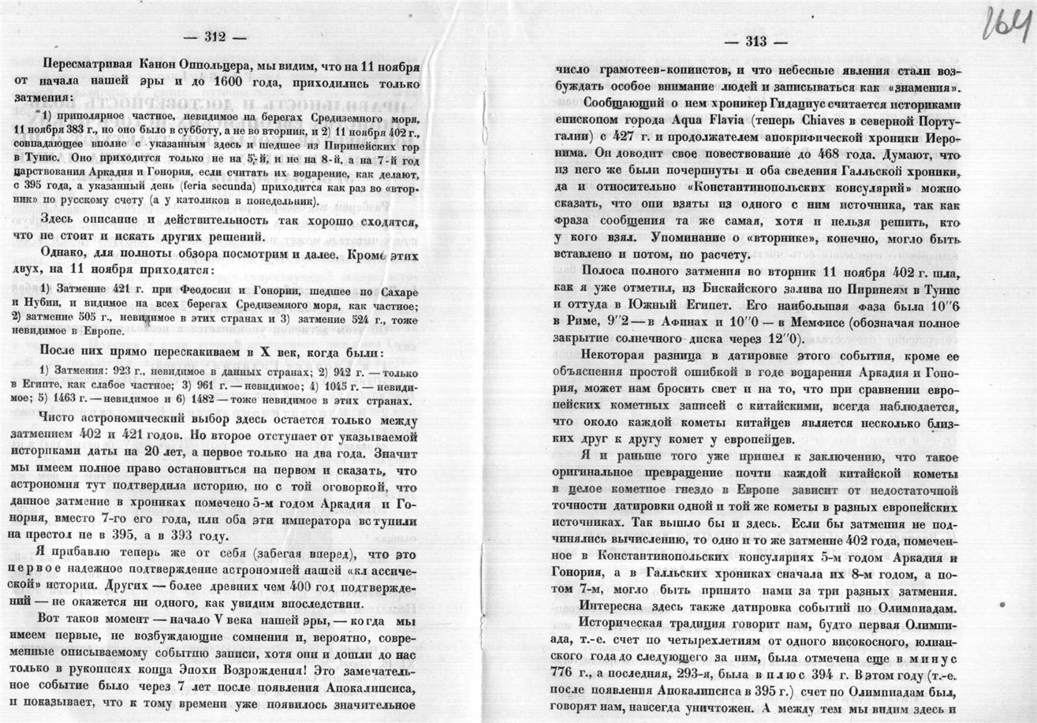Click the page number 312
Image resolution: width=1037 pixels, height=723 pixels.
click(214, 35)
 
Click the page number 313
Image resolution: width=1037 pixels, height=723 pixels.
click(756, 42)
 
